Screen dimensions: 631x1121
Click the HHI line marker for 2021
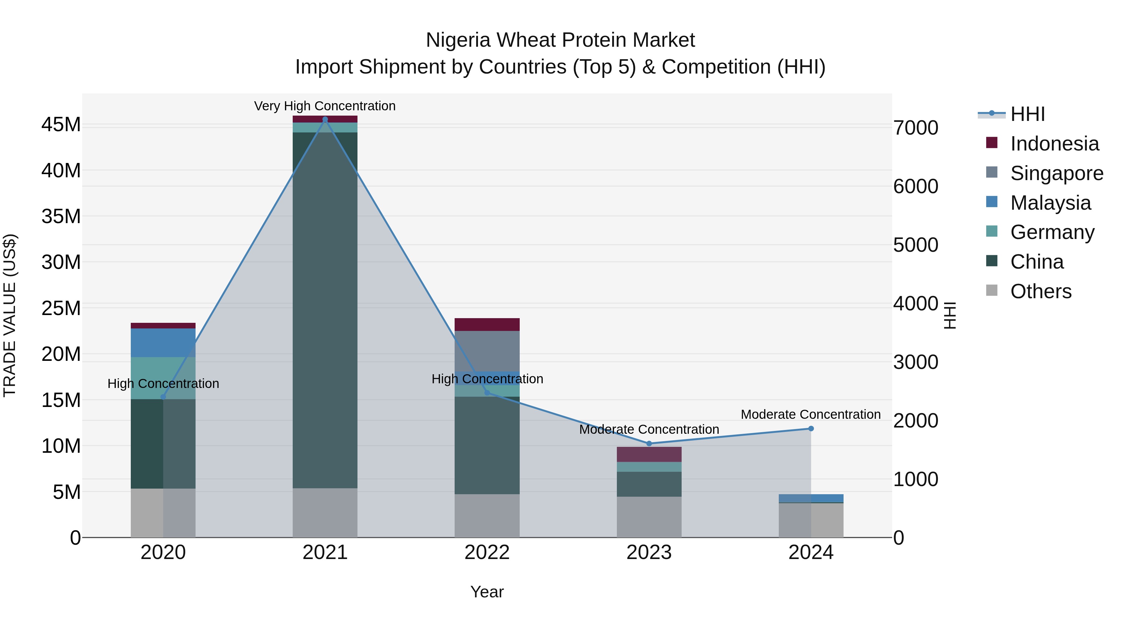[x=325, y=119]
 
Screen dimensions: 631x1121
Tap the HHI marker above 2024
[x=811, y=428]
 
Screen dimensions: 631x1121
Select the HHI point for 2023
[x=649, y=443]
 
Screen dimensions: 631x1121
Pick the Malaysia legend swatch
[x=992, y=202]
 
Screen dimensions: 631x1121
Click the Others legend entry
[x=1040, y=291]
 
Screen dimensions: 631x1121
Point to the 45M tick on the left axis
[x=61, y=125]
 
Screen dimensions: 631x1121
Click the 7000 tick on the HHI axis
[x=915, y=128]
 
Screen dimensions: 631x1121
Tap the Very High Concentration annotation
[x=325, y=106]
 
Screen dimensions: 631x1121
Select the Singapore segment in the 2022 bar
[x=487, y=351]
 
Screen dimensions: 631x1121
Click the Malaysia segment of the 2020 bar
[x=163, y=343]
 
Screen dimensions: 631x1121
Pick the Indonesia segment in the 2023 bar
[x=649, y=454]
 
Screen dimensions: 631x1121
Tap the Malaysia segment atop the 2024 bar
[x=811, y=498]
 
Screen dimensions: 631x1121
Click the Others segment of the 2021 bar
[x=325, y=513]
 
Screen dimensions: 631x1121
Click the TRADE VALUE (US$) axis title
[x=10, y=315]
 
